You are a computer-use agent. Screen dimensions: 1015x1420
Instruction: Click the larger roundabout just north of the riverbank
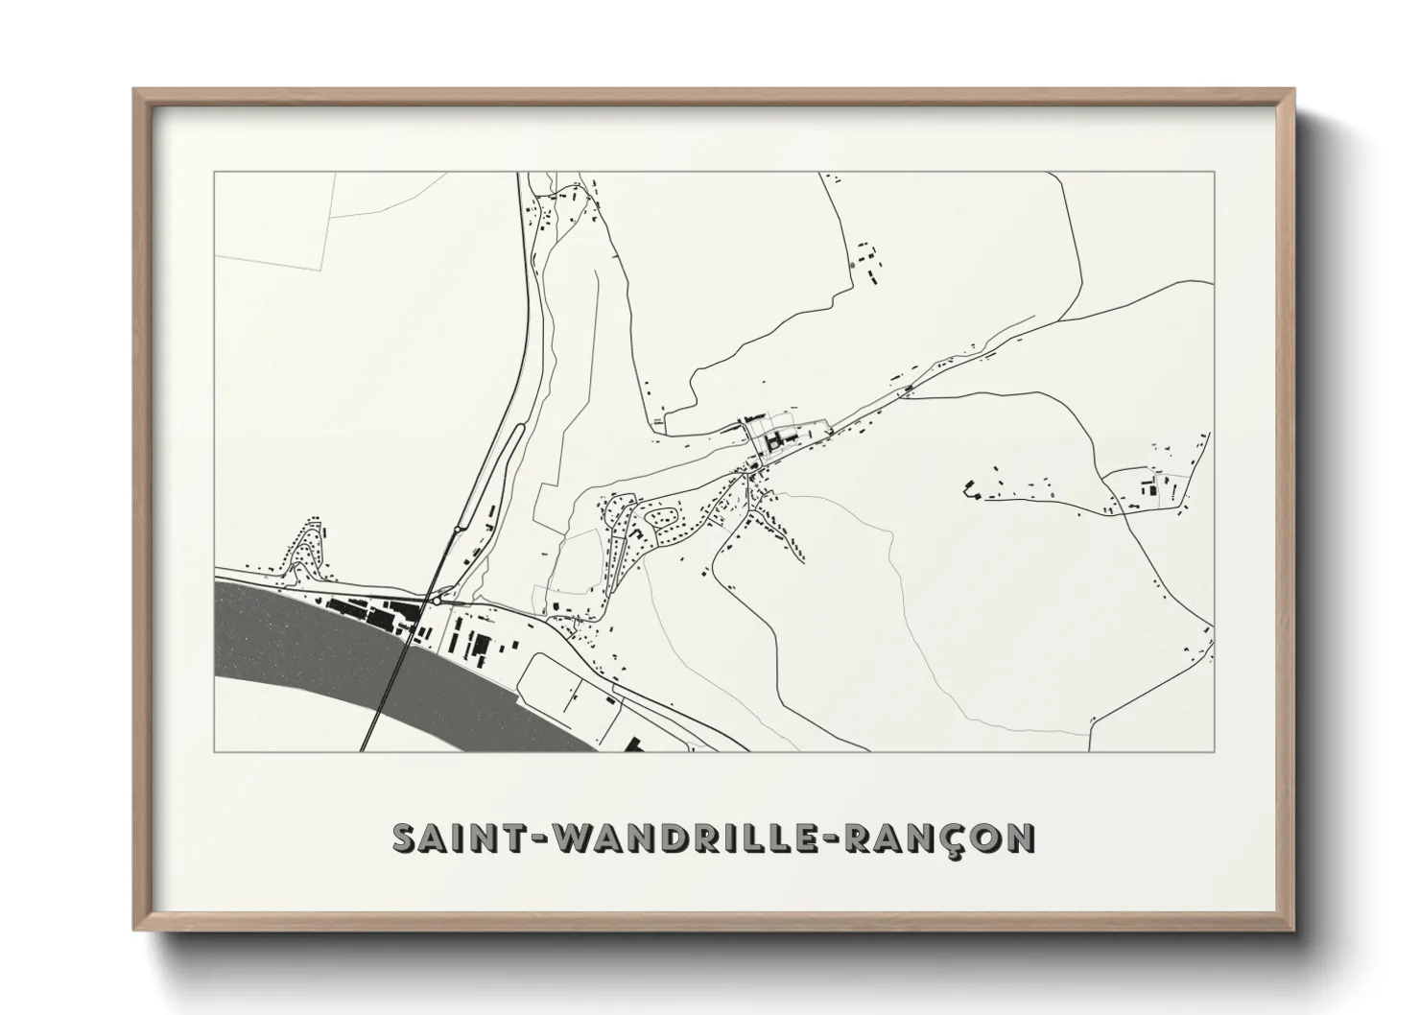point(438,600)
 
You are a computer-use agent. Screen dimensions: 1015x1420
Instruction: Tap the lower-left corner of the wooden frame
point(137,928)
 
